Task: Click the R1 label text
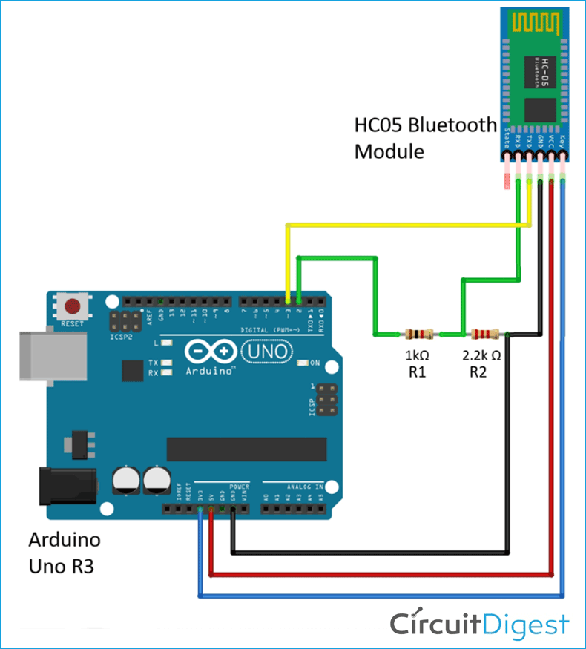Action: [417, 372]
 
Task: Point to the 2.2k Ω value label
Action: [481, 355]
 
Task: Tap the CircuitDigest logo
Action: [480, 624]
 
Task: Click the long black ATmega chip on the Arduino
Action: [246, 449]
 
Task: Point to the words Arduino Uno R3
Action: [65, 553]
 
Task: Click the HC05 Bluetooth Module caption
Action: [424, 137]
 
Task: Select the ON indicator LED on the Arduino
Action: [303, 363]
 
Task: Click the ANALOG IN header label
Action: [304, 487]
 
